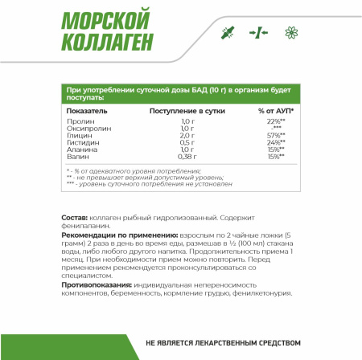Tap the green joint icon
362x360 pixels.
tap(227, 33)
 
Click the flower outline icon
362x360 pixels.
tap(292, 33)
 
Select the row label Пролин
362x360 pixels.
tap(79, 121)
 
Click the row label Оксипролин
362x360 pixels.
tap(85, 129)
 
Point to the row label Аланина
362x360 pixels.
tap(81, 149)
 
